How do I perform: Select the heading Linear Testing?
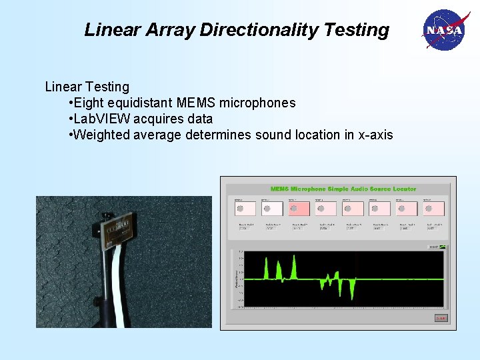pyautogui.click(x=87, y=87)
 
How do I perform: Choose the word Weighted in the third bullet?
pyautogui.click(x=101, y=135)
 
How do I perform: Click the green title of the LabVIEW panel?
pyautogui.click(x=343, y=189)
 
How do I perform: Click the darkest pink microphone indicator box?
pyautogui.click(x=300, y=209)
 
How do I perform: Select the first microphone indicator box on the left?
pyautogui.click(x=245, y=209)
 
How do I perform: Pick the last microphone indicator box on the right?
pyautogui.click(x=435, y=209)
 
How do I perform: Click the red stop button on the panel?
pyautogui.click(x=440, y=318)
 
